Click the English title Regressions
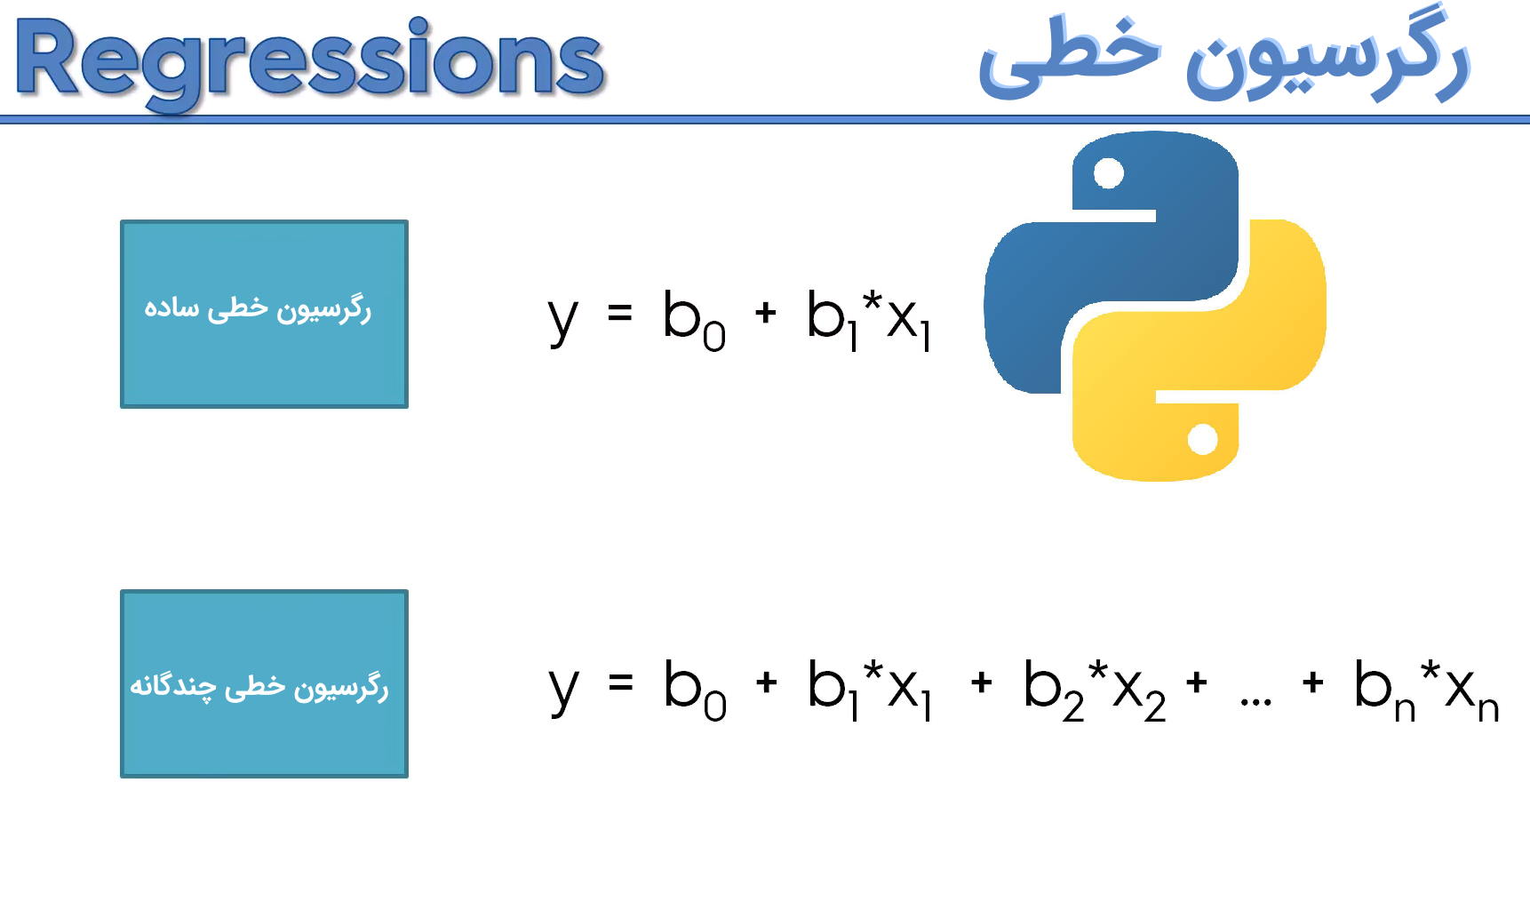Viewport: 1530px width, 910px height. click(x=309, y=62)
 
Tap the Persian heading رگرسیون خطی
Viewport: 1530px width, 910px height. click(x=1224, y=55)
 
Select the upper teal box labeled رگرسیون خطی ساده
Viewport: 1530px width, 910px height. click(x=264, y=314)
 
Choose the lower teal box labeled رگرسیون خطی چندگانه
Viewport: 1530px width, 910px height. click(x=264, y=683)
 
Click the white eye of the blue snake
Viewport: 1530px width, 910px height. click(x=1108, y=173)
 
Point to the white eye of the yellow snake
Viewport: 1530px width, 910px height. click(x=1202, y=439)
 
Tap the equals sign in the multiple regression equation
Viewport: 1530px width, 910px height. click(x=620, y=682)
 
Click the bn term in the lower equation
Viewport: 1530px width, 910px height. click(x=1384, y=690)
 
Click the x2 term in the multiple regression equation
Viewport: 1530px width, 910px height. click(x=1140, y=697)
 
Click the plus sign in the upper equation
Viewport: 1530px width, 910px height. click(x=765, y=313)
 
